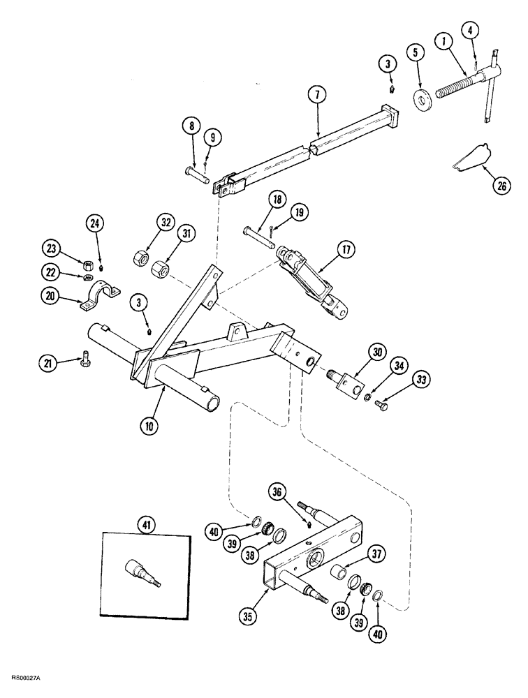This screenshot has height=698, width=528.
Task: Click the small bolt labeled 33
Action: point(381,403)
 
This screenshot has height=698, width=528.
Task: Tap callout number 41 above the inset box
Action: point(147,521)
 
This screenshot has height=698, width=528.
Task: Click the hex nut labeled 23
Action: point(89,265)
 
